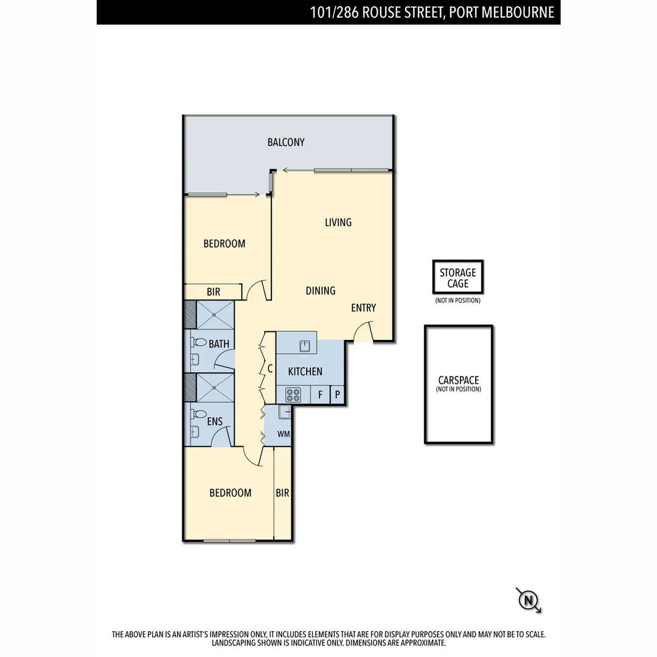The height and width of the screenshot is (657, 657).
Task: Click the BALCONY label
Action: coord(286,142)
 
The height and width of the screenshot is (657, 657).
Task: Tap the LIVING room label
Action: coord(338,222)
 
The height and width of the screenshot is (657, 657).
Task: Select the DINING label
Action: coord(321,291)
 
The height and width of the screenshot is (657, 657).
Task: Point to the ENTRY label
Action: coord(363,308)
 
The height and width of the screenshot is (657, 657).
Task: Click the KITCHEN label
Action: coord(305,371)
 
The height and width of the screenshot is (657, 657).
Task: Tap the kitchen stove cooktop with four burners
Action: coord(293,395)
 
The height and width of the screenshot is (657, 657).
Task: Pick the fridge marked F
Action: coord(320,395)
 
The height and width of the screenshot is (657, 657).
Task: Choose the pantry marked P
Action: coord(338,395)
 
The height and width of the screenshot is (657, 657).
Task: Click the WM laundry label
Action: coord(283,434)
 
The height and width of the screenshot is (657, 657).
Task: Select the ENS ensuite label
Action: coord(215,422)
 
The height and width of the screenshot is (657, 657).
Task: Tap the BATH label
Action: coord(219,344)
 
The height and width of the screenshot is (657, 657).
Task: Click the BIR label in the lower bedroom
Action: coord(282,493)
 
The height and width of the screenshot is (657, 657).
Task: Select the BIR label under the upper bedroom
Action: coord(214,292)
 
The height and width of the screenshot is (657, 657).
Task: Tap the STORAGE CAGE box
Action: coord(458,278)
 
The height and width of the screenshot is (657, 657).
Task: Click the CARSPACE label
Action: coord(458,380)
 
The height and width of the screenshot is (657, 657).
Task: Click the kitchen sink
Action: coord(305,346)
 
